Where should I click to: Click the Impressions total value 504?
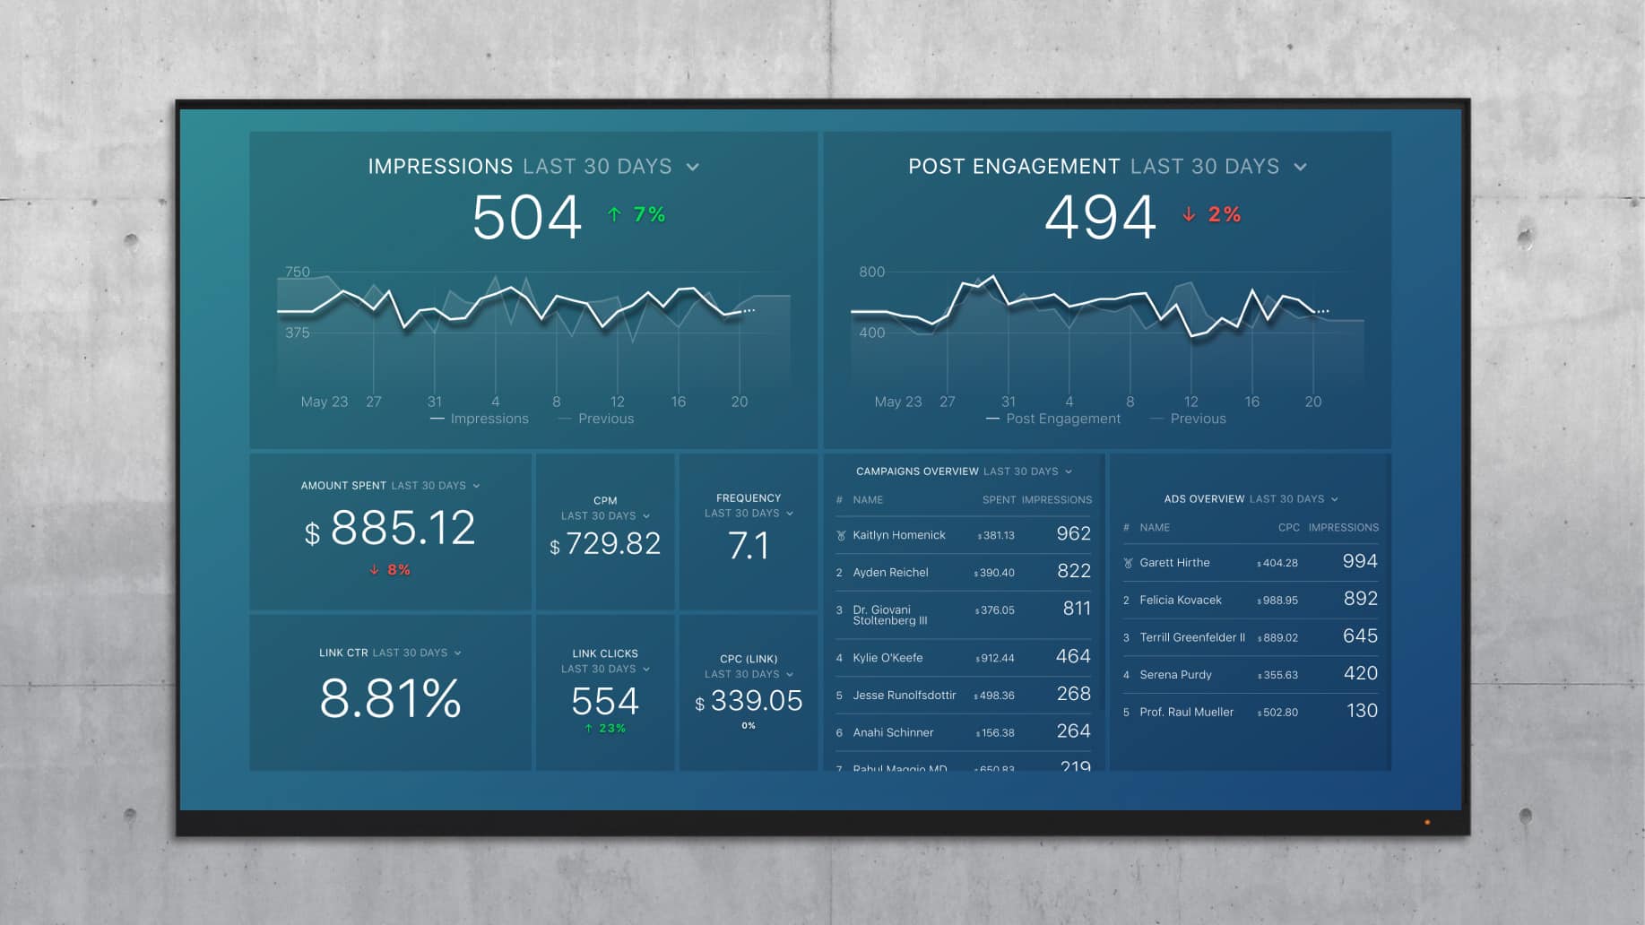527,218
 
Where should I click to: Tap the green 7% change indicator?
637,214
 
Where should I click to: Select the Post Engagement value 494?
1100,218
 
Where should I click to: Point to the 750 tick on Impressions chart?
298,272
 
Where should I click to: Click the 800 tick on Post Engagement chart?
871,272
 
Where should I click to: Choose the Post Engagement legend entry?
1062,419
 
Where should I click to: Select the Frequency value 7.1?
749,545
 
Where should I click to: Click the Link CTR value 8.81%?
390,698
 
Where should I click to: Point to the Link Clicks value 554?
605,701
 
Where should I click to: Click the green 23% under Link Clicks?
606,728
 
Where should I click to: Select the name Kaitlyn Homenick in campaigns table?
898,535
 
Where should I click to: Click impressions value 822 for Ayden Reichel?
1073,571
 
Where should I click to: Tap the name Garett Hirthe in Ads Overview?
1174,563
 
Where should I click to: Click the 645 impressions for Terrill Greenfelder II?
1360,635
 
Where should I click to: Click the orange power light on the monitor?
1427,822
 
